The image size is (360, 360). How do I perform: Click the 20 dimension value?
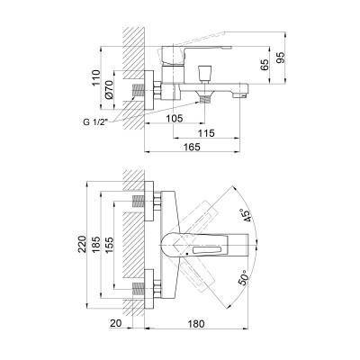coord(115,325)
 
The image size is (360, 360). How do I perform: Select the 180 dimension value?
coord(208,325)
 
